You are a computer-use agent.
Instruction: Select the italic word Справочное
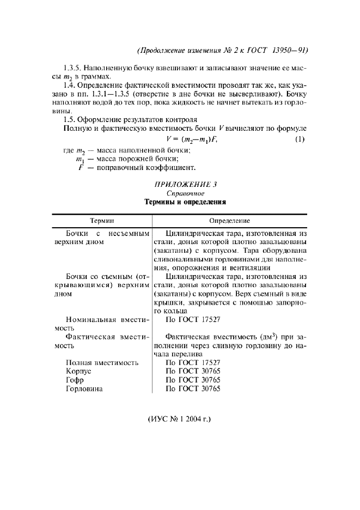coord(185,193)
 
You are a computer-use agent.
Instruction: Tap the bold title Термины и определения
coord(185,202)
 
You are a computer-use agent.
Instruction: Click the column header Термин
coord(102,221)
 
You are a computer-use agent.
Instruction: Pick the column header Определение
coord(230,221)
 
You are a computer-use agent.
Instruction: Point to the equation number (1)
coord(299,139)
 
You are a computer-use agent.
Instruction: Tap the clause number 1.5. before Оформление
coord(69,119)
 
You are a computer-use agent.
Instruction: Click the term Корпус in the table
coord(78,371)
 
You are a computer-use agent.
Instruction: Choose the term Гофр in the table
coord(75,380)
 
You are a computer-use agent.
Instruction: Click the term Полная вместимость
coord(102,362)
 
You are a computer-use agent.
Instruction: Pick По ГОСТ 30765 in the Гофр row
coord(193,380)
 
